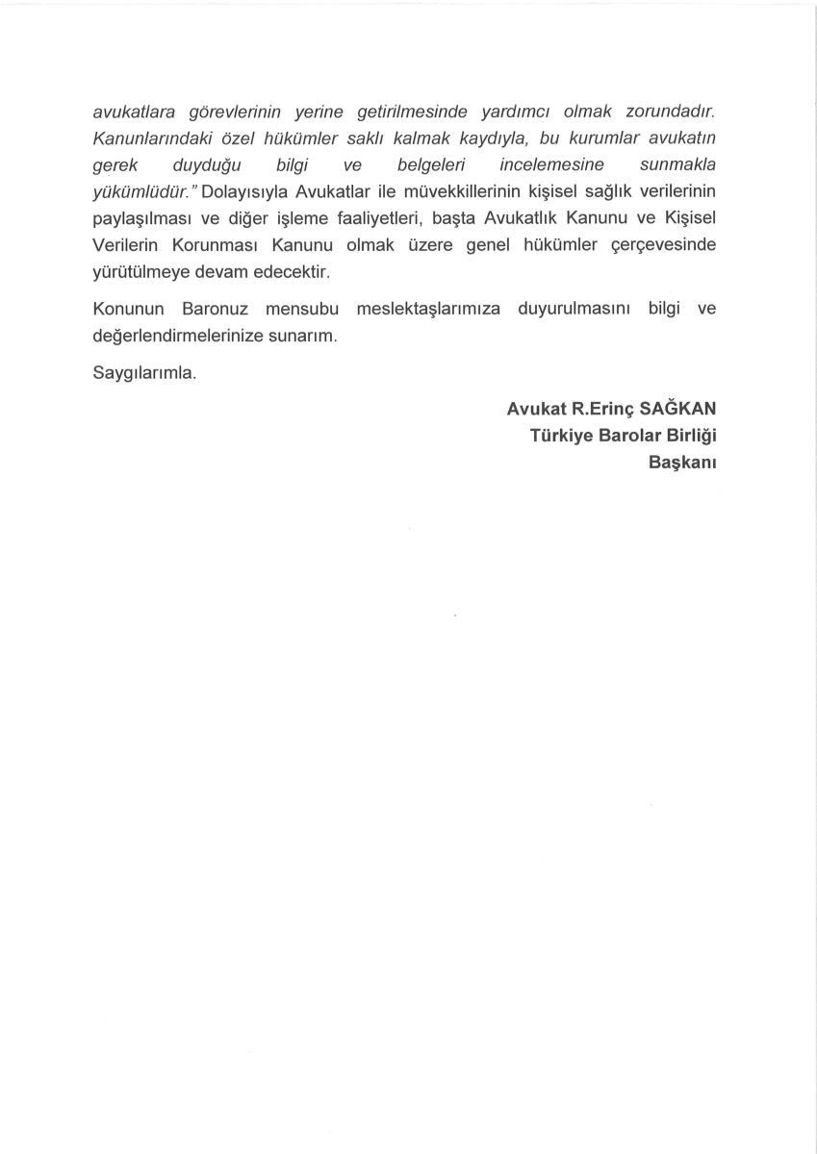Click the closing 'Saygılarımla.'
145,374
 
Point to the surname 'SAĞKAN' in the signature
679,409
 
